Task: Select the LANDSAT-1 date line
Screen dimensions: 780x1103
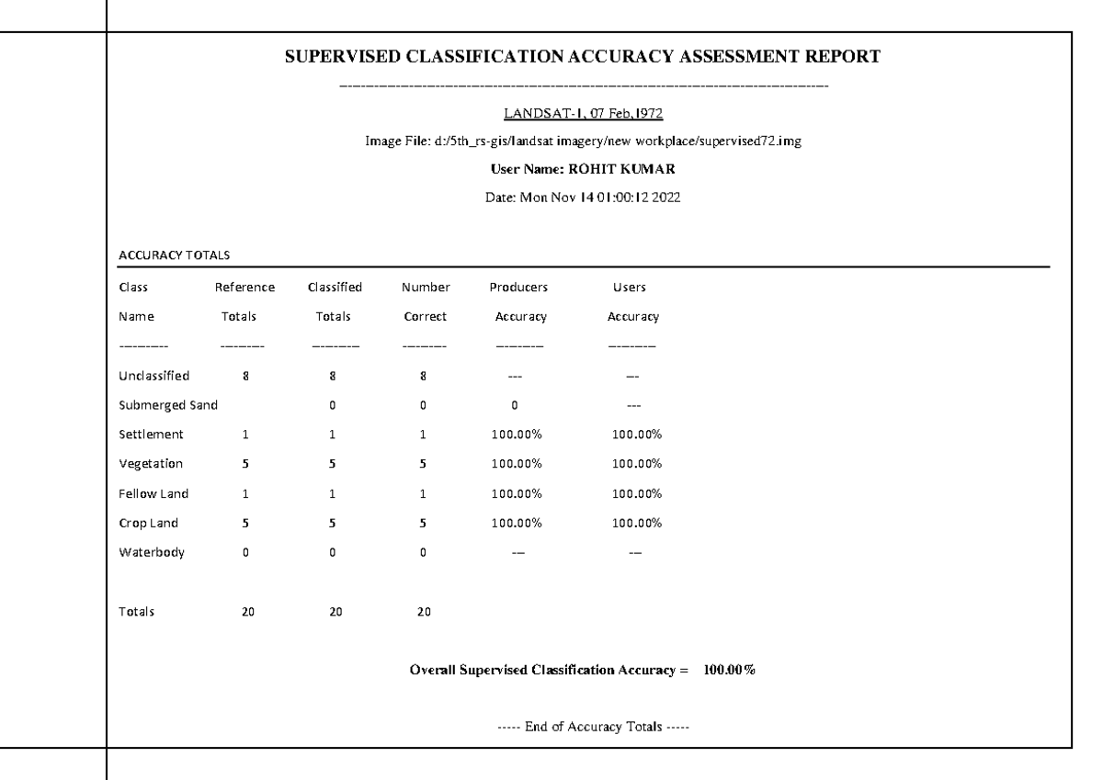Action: point(584,115)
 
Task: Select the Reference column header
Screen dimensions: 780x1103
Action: point(243,287)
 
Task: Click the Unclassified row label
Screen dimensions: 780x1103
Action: point(154,376)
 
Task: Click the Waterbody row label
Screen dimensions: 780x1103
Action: point(151,552)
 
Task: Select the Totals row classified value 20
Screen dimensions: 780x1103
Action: point(335,611)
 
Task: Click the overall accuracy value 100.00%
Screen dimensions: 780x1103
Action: point(730,670)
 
